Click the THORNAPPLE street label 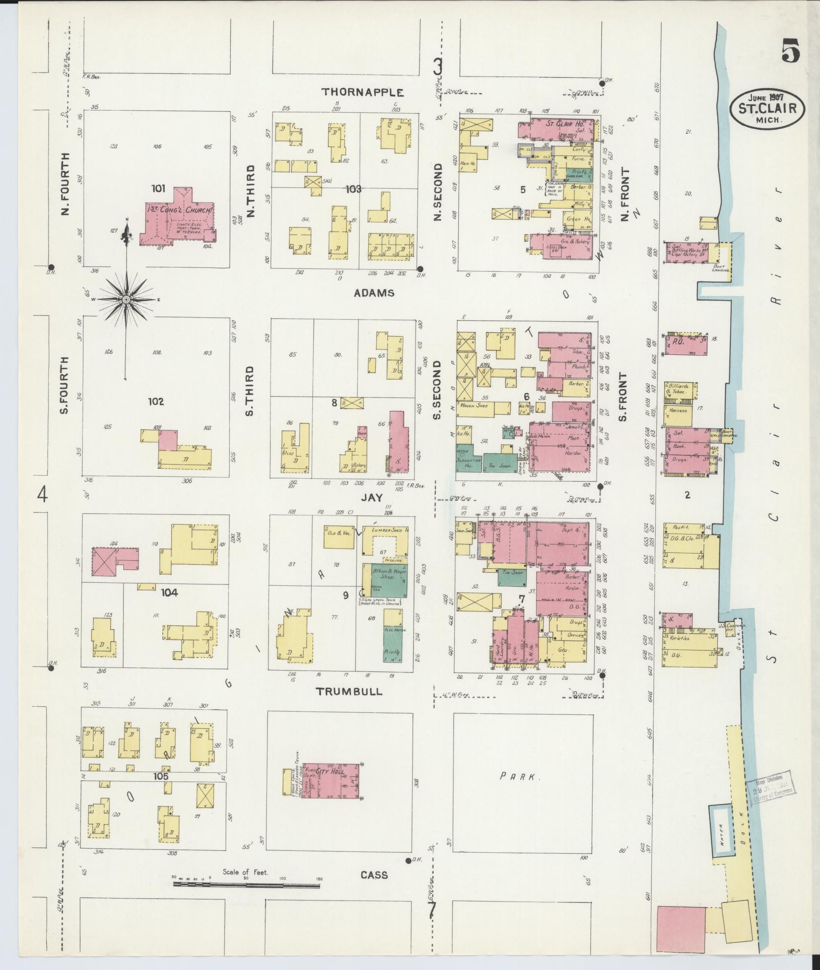click(x=363, y=92)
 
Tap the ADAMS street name click(x=373, y=293)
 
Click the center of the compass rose click(x=126, y=300)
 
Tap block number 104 click(x=170, y=593)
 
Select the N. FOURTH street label click(x=65, y=185)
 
